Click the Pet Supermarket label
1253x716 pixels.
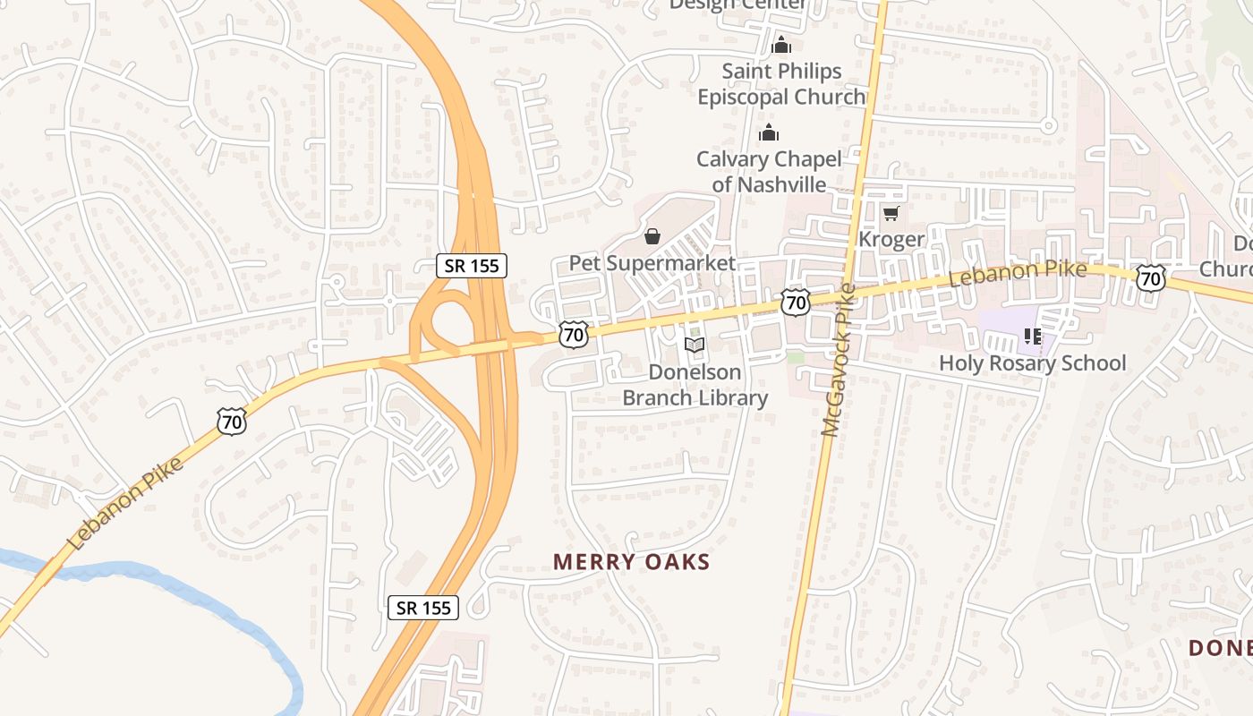tap(652, 263)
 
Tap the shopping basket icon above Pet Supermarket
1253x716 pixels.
tap(652, 236)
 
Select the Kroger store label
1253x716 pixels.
tap(891, 239)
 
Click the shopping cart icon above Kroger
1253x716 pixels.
tap(891, 213)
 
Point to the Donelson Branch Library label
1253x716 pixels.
tap(695, 385)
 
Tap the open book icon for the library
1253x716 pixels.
tap(695, 345)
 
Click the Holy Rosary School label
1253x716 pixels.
tap(1032, 362)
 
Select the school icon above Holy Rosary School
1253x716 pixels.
tap(1033, 337)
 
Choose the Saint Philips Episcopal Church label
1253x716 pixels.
tap(781, 83)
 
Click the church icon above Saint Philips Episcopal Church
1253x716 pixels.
tap(781, 44)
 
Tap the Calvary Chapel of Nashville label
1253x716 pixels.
tap(769, 172)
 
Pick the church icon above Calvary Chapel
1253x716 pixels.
tap(769, 133)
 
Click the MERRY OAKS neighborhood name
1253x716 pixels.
tap(631, 562)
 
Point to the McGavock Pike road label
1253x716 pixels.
tap(839, 360)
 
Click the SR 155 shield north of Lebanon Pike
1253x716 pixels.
tap(472, 265)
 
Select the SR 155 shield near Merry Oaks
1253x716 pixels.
tap(424, 608)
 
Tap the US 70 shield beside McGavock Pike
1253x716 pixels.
tap(794, 303)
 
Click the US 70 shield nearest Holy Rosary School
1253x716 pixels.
tap(1150, 278)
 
